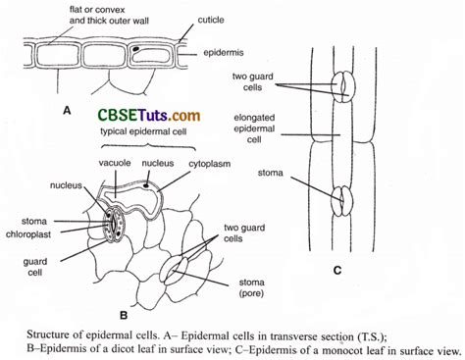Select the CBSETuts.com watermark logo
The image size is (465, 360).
coord(148,116)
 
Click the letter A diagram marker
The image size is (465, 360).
coord(67,111)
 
